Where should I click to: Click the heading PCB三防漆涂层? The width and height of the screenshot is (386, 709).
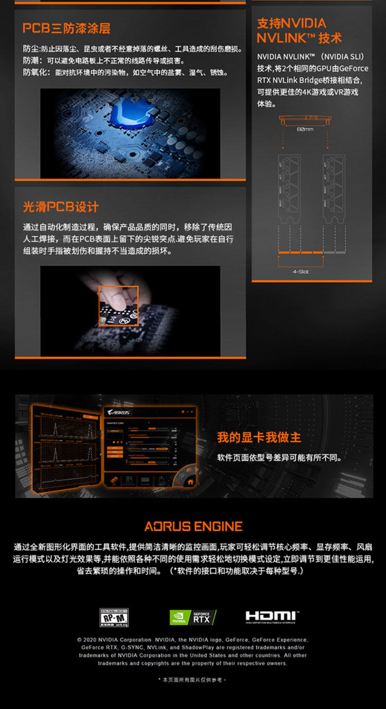(66, 28)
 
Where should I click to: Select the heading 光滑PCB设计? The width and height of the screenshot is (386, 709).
(61, 207)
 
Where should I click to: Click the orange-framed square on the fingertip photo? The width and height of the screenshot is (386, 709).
(118, 306)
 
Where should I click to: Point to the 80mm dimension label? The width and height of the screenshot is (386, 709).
(305, 129)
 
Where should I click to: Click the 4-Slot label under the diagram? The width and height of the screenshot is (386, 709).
(301, 271)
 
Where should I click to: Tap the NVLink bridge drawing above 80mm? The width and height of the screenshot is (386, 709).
(305, 119)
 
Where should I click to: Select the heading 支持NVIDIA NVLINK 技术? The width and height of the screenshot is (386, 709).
(299, 30)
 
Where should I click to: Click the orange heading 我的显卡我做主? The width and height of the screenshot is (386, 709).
(259, 438)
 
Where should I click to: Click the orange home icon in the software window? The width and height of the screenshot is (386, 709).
(190, 482)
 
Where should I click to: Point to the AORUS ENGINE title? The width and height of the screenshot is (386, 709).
(193, 526)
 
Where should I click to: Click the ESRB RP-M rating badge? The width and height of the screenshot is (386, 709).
(114, 617)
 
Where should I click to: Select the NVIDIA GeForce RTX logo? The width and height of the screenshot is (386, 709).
(192, 617)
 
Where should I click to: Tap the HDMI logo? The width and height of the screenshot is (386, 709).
(272, 616)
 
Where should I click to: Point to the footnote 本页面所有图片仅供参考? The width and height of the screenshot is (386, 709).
(192, 680)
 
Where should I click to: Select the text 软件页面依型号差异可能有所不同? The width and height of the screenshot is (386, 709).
(279, 458)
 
